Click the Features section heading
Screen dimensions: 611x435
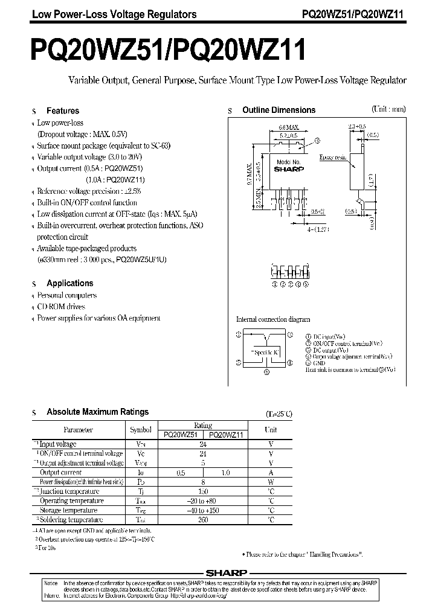[x=63, y=111]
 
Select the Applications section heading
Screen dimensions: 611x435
[x=70, y=283]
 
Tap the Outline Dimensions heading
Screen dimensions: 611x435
[x=279, y=110]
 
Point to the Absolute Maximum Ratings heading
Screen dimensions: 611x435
[x=97, y=412]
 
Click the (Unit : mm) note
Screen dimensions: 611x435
[x=388, y=109]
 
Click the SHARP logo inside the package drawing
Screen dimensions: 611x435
[x=288, y=170]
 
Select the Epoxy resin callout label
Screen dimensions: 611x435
[x=333, y=156]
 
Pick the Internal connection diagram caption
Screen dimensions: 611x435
[x=272, y=319]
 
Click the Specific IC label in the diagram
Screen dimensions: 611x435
[x=265, y=352]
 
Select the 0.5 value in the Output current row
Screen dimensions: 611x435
[x=180, y=472]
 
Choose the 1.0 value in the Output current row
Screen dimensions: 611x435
[x=225, y=472]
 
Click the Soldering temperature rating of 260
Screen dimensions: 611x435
[x=202, y=520]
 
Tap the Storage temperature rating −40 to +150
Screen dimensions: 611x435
[x=202, y=510]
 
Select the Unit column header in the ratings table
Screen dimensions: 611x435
[x=271, y=430]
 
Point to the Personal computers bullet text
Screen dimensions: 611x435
[x=67, y=295]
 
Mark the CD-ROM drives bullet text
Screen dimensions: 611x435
[x=62, y=307]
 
